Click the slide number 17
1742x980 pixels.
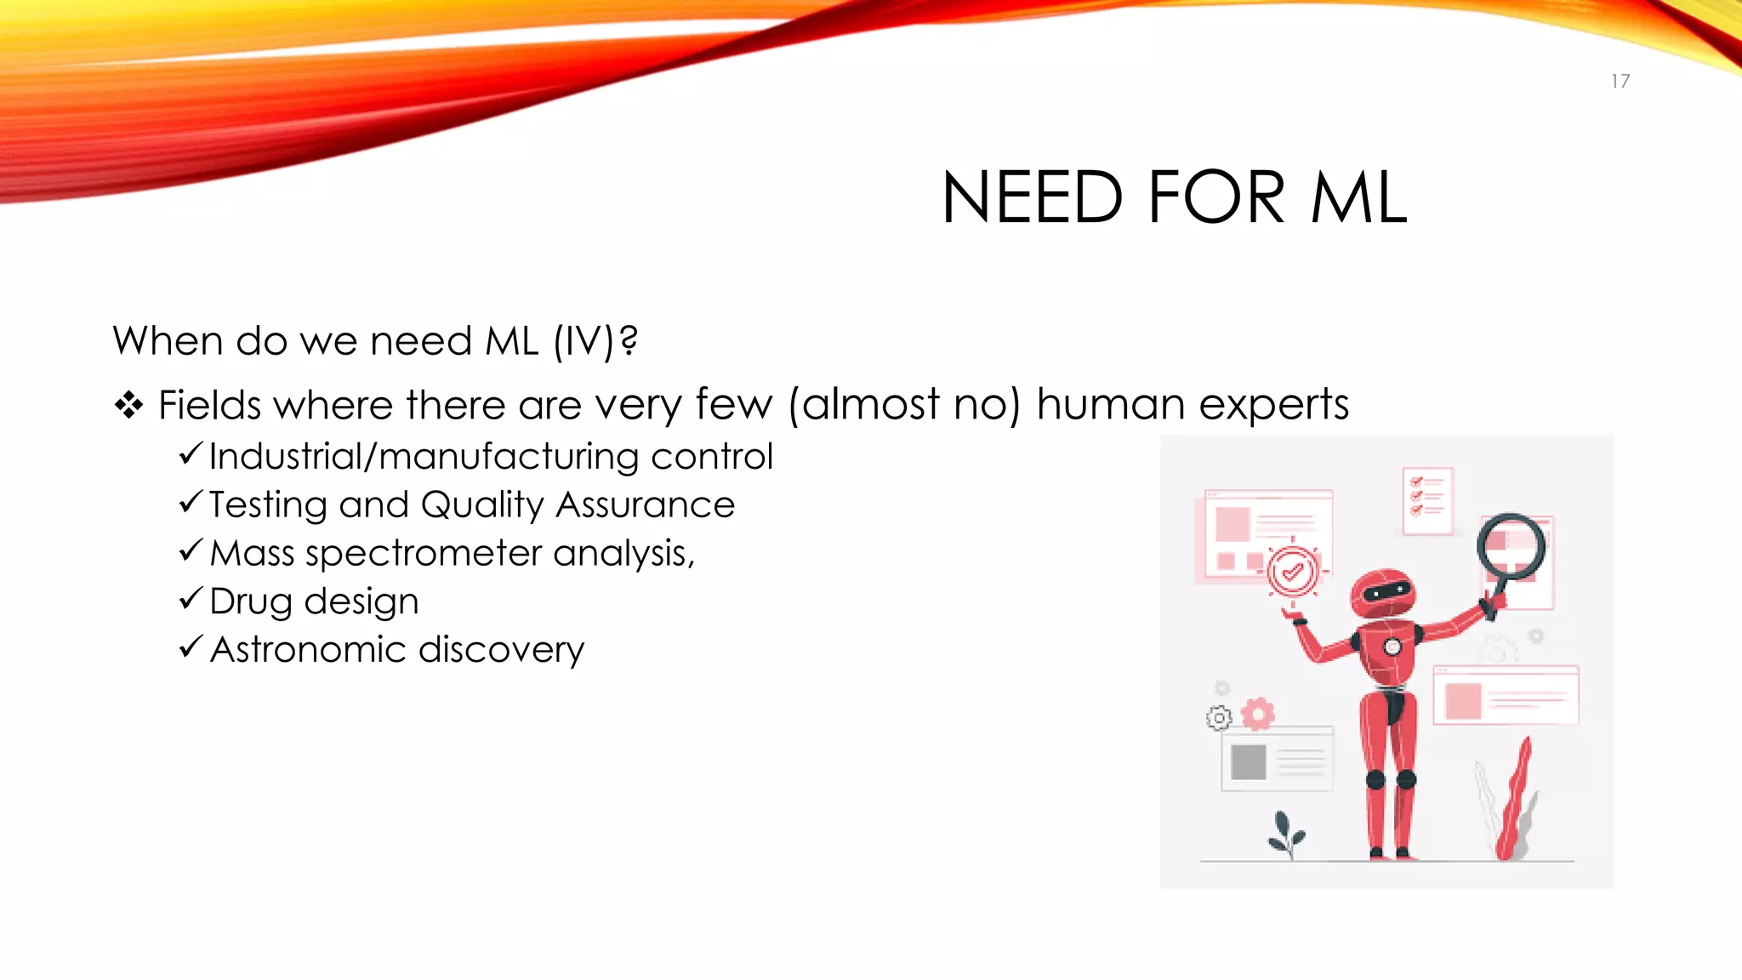pyautogui.click(x=1620, y=82)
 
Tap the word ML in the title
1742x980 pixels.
pyautogui.click(x=1359, y=197)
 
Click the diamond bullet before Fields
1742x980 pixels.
pyautogui.click(x=128, y=405)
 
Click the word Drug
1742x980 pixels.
pyautogui.click(x=251, y=601)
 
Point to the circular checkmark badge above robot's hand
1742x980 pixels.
pyautogui.click(x=1293, y=571)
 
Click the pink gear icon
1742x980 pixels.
pyautogui.click(x=1258, y=714)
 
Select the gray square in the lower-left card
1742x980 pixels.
pyautogui.click(x=1248, y=761)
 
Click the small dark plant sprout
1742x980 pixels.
pyautogui.click(x=1285, y=834)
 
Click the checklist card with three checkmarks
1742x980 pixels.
pyautogui.click(x=1427, y=500)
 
